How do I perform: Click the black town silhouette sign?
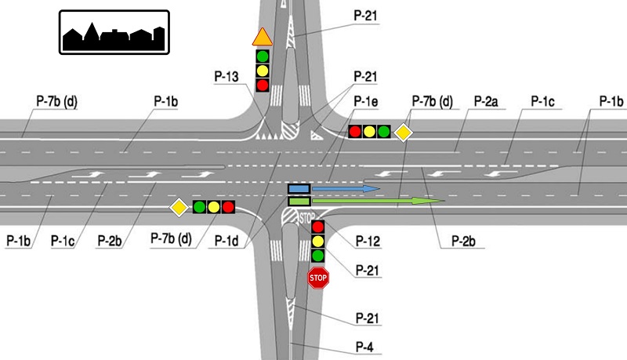point(114,32)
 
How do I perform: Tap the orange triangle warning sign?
point(262,38)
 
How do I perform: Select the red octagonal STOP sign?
point(317,277)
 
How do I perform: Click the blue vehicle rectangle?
point(299,189)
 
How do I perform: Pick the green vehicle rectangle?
point(299,202)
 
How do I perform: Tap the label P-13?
point(227,76)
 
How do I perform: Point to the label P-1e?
point(366,101)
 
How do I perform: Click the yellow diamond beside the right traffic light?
point(403,132)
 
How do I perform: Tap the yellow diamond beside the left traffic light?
point(179,207)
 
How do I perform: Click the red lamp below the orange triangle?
point(263,84)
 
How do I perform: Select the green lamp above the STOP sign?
point(317,256)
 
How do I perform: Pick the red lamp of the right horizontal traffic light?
point(355,132)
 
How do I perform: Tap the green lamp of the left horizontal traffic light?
point(199,207)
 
